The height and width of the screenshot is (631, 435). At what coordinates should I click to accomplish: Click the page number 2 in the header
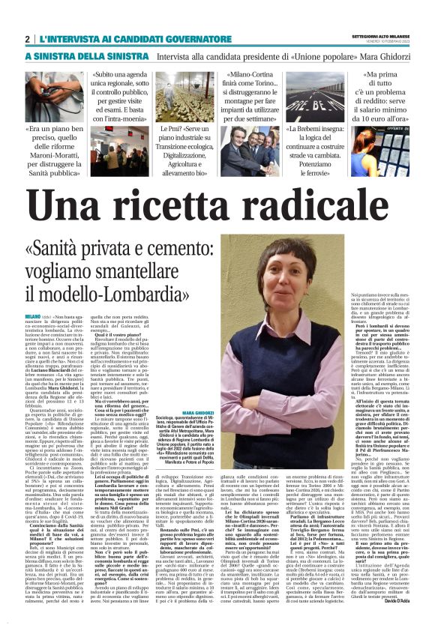[x=27, y=38]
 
